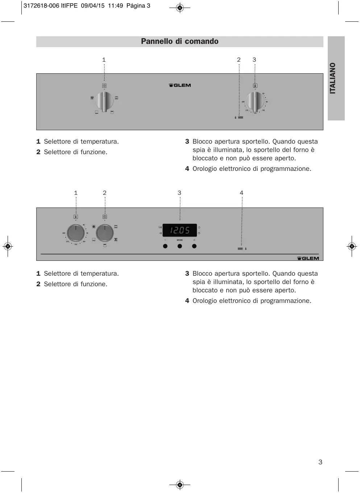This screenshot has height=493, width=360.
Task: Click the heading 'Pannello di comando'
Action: click(x=179, y=41)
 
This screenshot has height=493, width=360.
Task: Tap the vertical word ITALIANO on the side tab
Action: click(x=333, y=78)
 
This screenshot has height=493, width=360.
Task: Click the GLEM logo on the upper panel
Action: click(x=180, y=85)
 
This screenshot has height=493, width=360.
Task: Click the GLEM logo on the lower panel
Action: click(x=308, y=258)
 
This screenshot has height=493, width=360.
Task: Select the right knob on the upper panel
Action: click(x=255, y=102)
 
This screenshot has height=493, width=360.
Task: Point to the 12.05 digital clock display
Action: click(x=180, y=230)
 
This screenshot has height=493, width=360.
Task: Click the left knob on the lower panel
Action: click(x=76, y=233)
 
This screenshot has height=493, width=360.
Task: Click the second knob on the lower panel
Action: click(x=105, y=233)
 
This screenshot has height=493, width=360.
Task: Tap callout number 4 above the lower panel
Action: click(x=241, y=193)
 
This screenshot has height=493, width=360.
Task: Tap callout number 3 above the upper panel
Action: click(x=254, y=60)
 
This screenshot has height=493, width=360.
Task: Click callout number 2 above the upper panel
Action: click(x=239, y=60)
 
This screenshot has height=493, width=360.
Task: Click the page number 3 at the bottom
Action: click(x=320, y=462)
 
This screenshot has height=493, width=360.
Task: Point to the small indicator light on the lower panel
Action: click(x=240, y=248)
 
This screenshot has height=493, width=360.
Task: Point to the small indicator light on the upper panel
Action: click(x=240, y=118)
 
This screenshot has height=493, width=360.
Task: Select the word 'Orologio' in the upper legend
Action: click(x=205, y=169)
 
